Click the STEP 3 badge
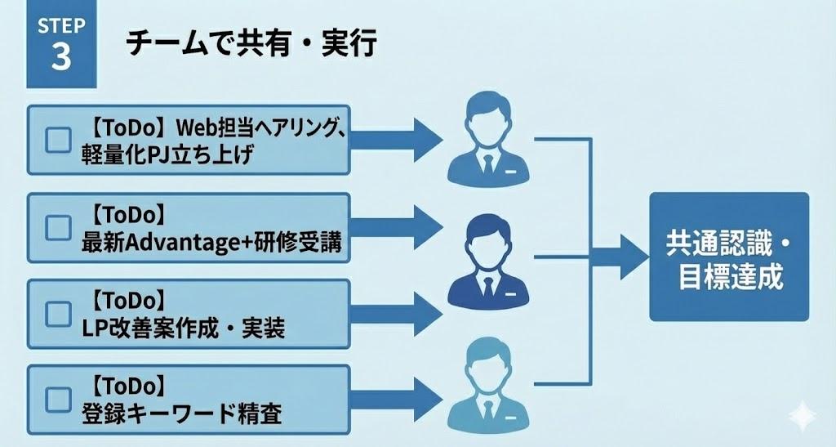point(61,44)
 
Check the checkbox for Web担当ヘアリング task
point(58,140)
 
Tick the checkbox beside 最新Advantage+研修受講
point(58,227)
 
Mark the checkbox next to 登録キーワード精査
point(58,400)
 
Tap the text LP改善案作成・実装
point(184,329)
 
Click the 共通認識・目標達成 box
point(729,257)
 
